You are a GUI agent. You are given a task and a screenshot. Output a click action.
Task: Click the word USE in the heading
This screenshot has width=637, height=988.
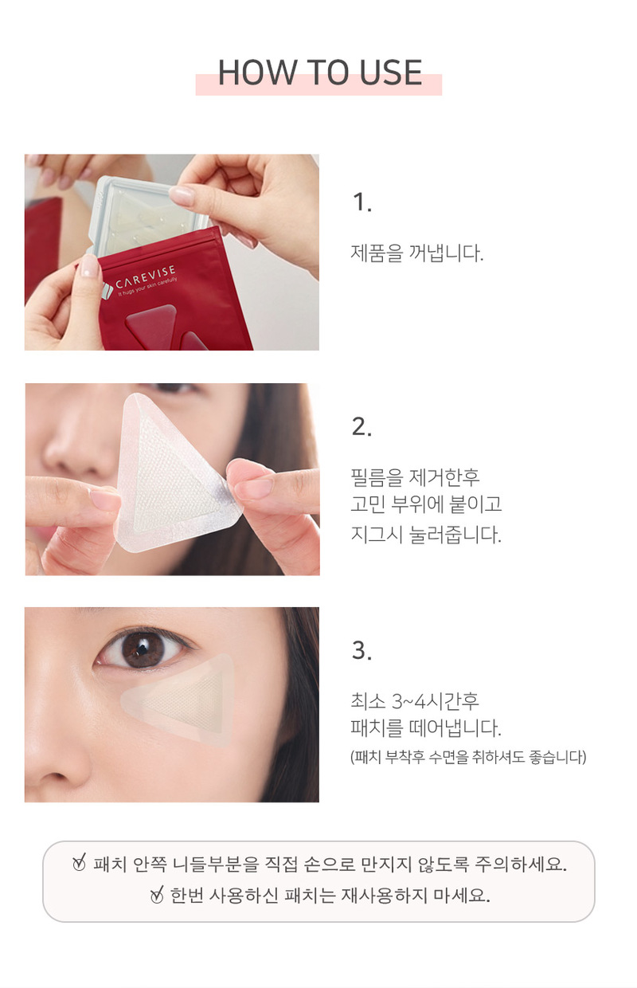pos(391,73)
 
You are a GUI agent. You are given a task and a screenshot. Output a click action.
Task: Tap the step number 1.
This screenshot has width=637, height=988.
pos(362,202)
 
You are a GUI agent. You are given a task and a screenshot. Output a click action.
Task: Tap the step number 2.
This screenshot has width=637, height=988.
pos(362,427)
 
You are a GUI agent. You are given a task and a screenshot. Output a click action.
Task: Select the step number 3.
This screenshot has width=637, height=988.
pos(362,651)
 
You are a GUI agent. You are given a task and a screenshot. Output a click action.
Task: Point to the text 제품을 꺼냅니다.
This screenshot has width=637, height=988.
pos(417,253)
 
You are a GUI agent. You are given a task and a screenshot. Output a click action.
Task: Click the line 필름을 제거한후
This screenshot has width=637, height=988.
pos(416,477)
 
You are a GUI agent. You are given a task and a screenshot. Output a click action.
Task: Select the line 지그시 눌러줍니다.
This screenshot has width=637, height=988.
pos(426,534)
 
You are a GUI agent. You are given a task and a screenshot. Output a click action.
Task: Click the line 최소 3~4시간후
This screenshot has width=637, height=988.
pos(415,701)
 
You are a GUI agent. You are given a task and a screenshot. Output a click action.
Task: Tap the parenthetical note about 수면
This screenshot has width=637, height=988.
pos(468,757)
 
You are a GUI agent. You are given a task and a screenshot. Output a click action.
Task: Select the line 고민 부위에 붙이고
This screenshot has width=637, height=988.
pos(426,504)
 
